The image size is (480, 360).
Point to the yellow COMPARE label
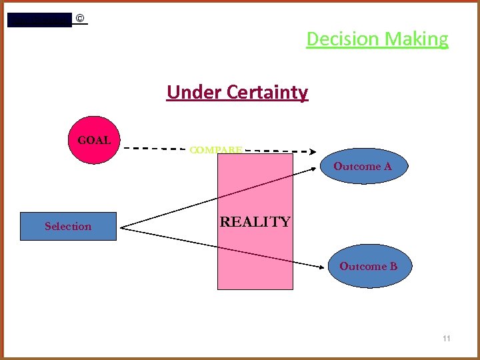point(215,150)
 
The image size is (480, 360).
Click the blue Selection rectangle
point(69,226)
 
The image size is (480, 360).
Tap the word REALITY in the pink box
point(255,222)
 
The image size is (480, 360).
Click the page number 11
point(446,339)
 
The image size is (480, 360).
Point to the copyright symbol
point(80,19)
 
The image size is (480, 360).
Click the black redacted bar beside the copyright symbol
point(39,20)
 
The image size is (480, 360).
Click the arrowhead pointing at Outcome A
point(315,169)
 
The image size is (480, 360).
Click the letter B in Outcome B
point(393,266)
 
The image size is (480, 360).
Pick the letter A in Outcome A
point(387,166)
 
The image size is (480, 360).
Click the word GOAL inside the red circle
point(95,141)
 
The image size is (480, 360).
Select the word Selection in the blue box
point(68,226)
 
